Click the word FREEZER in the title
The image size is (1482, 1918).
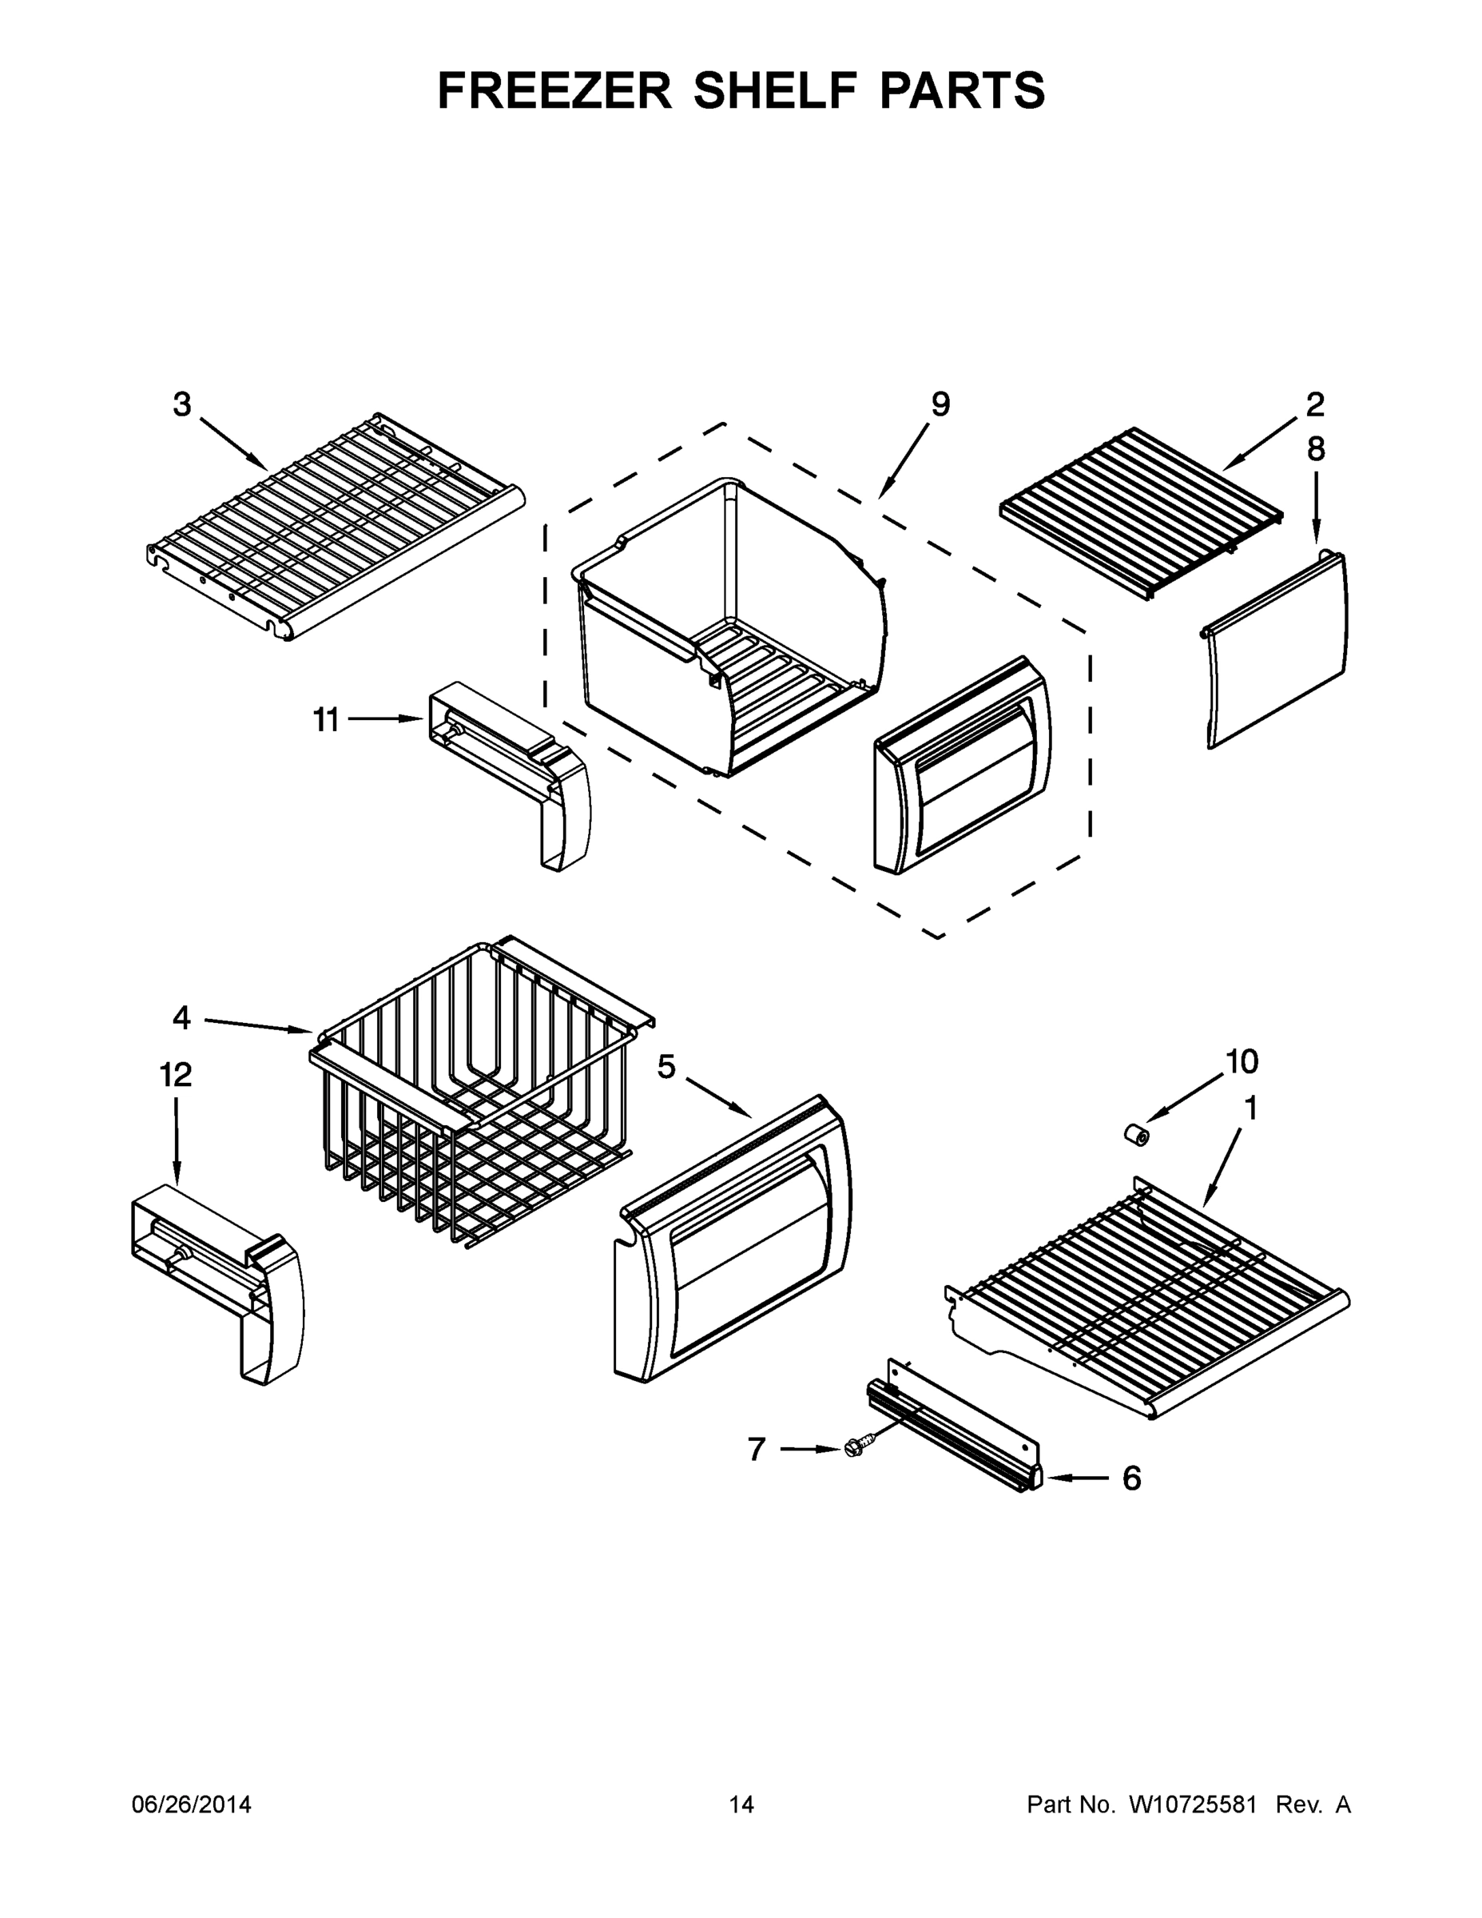(x=554, y=90)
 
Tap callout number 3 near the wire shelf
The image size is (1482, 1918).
(x=181, y=405)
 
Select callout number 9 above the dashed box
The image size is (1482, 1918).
(x=940, y=405)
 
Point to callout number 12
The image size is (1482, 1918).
(x=176, y=1075)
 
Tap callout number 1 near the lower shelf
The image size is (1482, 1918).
(x=1251, y=1110)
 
